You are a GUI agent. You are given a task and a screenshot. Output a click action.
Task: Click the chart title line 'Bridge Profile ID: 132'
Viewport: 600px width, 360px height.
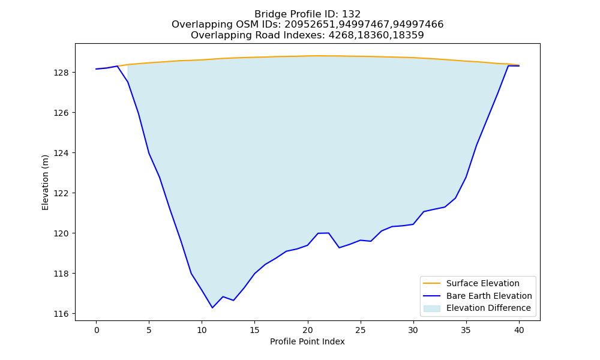click(x=307, y=14)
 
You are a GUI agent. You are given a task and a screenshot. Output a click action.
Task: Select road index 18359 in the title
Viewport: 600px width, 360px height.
click(x=409, y=35)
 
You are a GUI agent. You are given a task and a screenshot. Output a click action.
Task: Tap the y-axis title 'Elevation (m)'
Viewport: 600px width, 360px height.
click(x=45, y=182)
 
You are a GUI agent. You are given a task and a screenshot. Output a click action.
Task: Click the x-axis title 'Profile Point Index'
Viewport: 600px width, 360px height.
click(x=307, y=341)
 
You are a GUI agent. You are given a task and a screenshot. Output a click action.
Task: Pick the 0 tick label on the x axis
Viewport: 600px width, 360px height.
click(x=97, y=330)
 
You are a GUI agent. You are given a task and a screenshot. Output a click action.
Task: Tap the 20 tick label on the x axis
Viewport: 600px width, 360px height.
click(x=308, y=330)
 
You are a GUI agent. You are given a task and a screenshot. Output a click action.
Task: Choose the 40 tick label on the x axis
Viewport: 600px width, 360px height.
click(x=519, y=330)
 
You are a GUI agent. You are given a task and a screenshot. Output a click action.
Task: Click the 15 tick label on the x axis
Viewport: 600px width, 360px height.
click(x=255, y=330)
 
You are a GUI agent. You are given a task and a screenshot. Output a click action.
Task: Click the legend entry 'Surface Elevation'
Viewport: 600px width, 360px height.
click(x=482, y=283)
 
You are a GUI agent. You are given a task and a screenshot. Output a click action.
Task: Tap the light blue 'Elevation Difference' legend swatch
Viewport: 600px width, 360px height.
click(x=431, y=308)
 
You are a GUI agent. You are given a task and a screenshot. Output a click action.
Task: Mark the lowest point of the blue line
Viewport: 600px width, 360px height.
click(x=212, y=308)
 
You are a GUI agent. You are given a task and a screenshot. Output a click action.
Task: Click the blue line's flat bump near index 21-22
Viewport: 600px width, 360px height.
click(x=323, y=233)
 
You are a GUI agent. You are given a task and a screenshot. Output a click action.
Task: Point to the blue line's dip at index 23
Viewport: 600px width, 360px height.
click(x=339, y=248)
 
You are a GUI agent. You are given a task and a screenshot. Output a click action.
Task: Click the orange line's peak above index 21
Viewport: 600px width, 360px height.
click(x=318, y=56)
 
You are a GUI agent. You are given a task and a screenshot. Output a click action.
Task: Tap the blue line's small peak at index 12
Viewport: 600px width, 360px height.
click(x=223, y=296)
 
